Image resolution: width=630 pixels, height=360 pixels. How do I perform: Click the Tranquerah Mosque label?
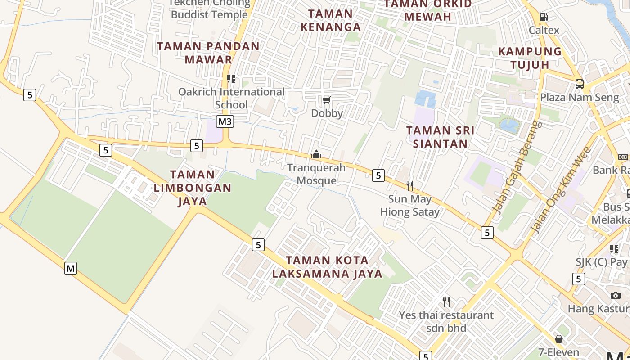pos(316,174)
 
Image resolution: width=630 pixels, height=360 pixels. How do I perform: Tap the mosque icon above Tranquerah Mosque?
pos(316,155)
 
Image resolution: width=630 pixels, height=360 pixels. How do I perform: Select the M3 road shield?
pos(225,121)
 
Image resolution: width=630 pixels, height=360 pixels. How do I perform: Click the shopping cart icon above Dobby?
pos(327,100)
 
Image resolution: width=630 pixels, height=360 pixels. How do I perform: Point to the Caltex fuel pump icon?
pos(544,17)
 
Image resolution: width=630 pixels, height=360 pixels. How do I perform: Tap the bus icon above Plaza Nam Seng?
pos(580,84)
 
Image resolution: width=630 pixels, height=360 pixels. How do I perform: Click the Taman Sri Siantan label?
pos(440,137)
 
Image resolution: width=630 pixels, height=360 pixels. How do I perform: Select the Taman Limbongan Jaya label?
pos(193,188)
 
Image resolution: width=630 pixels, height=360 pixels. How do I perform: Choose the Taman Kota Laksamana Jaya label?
pos(327,267)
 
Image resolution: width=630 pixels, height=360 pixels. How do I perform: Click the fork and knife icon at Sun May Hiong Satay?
pos(410,185)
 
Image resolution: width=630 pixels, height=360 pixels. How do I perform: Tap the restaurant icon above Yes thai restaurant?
pos(446,301)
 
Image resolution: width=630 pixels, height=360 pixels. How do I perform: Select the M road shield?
pos(71,268)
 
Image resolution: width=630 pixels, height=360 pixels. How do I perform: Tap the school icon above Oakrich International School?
pos(231,79)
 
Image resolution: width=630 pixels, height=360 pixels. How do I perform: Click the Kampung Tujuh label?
pos(530,58)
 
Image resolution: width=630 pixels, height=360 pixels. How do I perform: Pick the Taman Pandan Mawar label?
pos(208,53)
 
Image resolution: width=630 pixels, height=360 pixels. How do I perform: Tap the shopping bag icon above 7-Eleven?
pos(559,339)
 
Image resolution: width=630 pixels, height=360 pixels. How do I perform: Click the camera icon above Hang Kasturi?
pos(616,296)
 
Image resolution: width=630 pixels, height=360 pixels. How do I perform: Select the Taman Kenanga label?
pos(331,20)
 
